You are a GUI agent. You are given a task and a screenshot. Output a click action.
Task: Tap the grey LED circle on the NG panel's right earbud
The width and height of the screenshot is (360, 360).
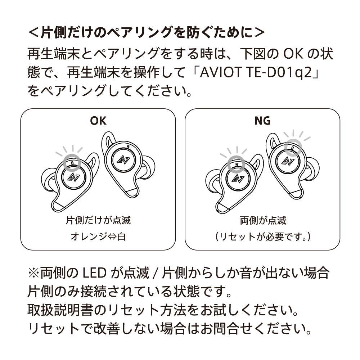click(292, 147)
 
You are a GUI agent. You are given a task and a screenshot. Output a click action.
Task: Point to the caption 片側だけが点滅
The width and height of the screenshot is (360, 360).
click(98, 220)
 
